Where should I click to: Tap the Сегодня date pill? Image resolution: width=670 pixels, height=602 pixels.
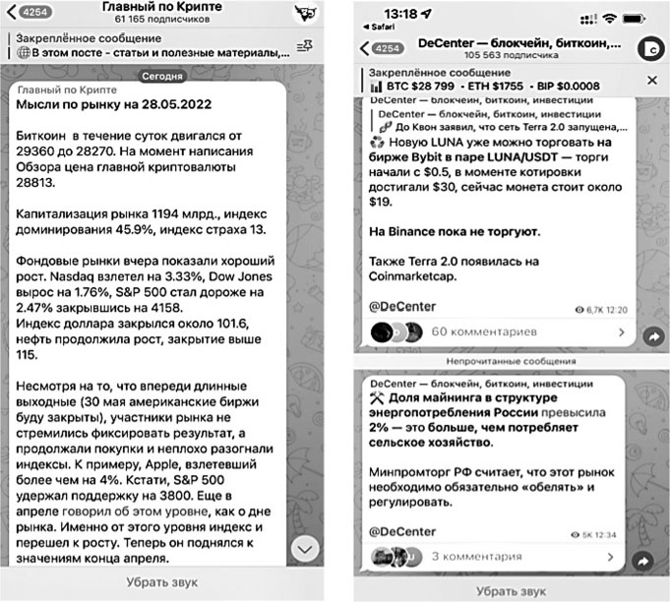click(162, 76)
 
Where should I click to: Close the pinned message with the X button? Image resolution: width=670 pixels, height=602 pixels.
click(650, 79)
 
